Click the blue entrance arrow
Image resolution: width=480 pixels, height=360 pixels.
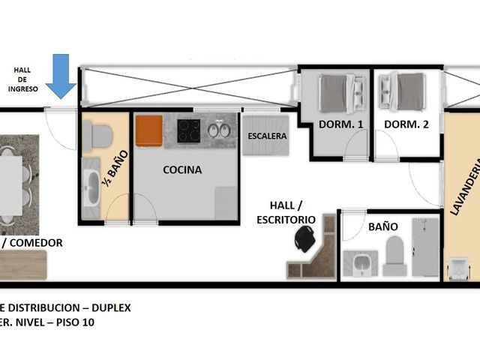pos(61,76)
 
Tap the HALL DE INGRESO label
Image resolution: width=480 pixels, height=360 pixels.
pos(22,79)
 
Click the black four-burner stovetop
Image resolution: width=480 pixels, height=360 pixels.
pos(188,131)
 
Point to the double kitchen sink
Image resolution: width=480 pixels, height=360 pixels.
pos(219,130)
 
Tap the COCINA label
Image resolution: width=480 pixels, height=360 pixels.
pos(182,170)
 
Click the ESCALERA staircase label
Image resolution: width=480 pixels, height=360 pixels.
pos(267,136)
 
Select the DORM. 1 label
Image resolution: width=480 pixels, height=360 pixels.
pos(340,124)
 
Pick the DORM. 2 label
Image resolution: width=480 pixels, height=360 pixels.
pos(406,124)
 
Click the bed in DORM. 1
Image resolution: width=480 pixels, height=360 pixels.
pos(342,93)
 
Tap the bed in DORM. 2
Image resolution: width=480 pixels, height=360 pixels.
pos(402,91)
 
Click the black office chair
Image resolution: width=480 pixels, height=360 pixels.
pos(305,238)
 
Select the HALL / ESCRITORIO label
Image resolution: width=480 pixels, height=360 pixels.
pos(286,212)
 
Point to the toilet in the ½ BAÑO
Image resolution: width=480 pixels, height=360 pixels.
pos(97,136)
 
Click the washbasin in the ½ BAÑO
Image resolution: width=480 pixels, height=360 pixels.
pos(91,187)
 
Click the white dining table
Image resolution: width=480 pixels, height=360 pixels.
pos(10,185)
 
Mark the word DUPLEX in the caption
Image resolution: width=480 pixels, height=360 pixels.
pos(111,307)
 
